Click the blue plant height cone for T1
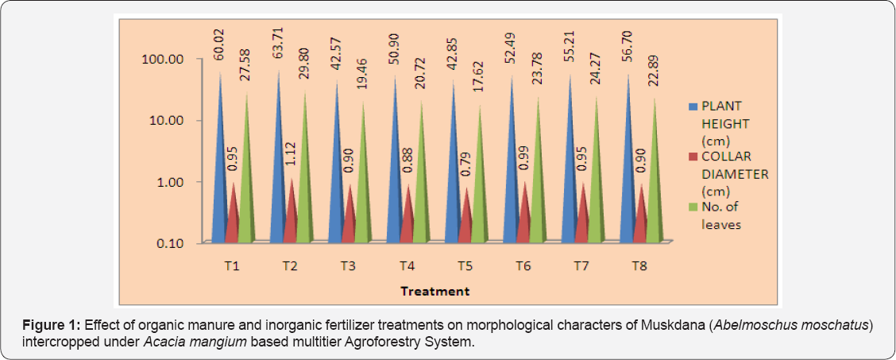click(x=218, y=175)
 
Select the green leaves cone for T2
click(x=305, y=183)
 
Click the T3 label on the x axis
click(x=347, y=265)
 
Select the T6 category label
click(x=522, y=265)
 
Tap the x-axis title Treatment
click(x=434, y=291)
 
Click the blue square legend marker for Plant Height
click(x=691, y=106)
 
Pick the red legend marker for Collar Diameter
click(x=691, y=157)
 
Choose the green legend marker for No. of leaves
click(x=691, y=207)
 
